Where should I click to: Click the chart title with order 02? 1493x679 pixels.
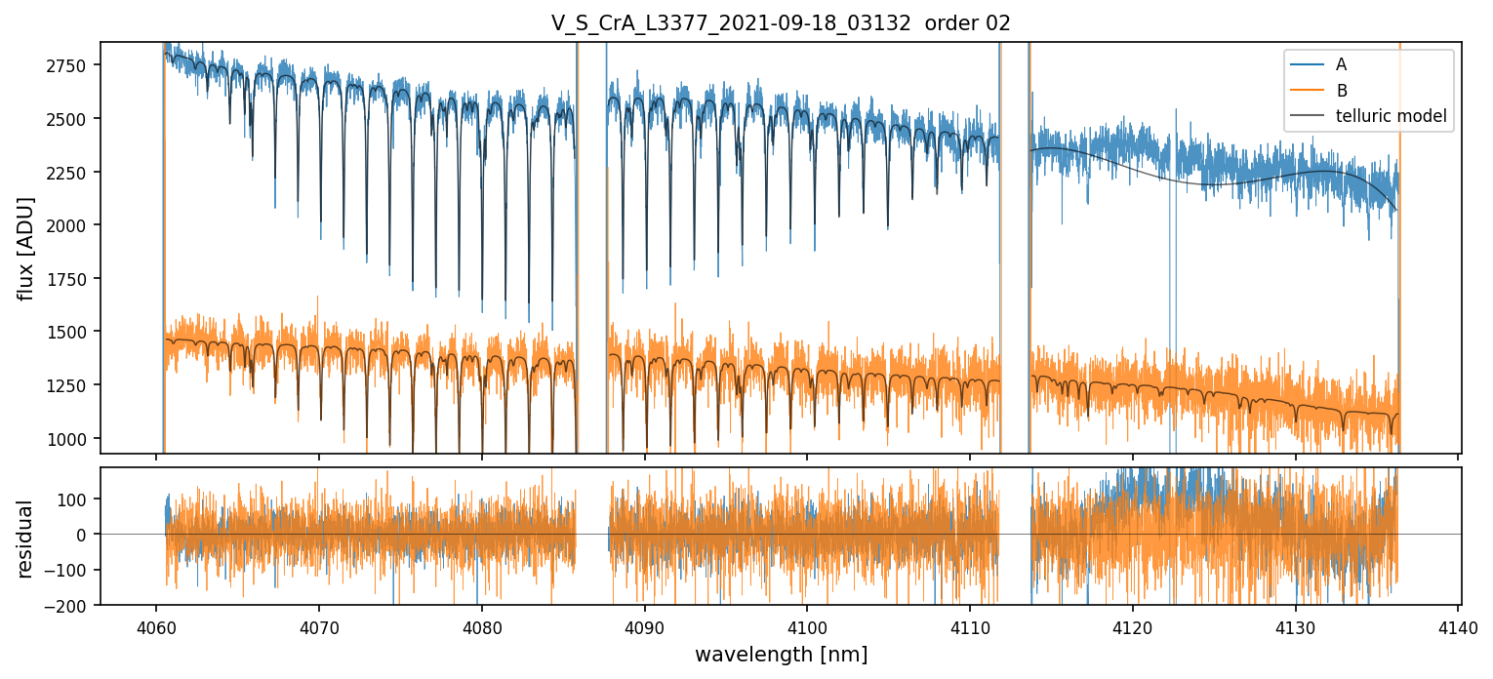pos(781,24)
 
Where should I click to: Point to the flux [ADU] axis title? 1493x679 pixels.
pos(26,248)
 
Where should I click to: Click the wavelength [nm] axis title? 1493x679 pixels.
pos(781,654)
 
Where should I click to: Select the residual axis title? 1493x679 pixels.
pos(26,539)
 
